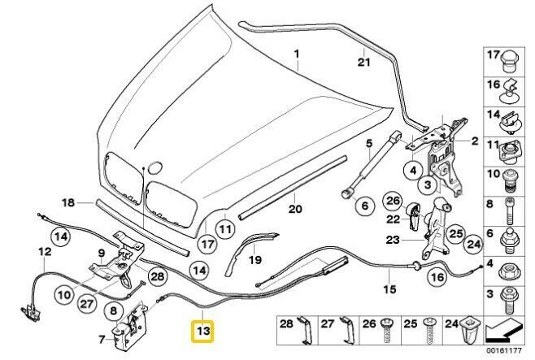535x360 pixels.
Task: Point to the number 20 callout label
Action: pos(294,209)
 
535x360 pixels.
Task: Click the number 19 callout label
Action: pos(254,260)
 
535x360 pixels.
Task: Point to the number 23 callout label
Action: pos(393,239)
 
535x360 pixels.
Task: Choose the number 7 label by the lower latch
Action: pos(102,338)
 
